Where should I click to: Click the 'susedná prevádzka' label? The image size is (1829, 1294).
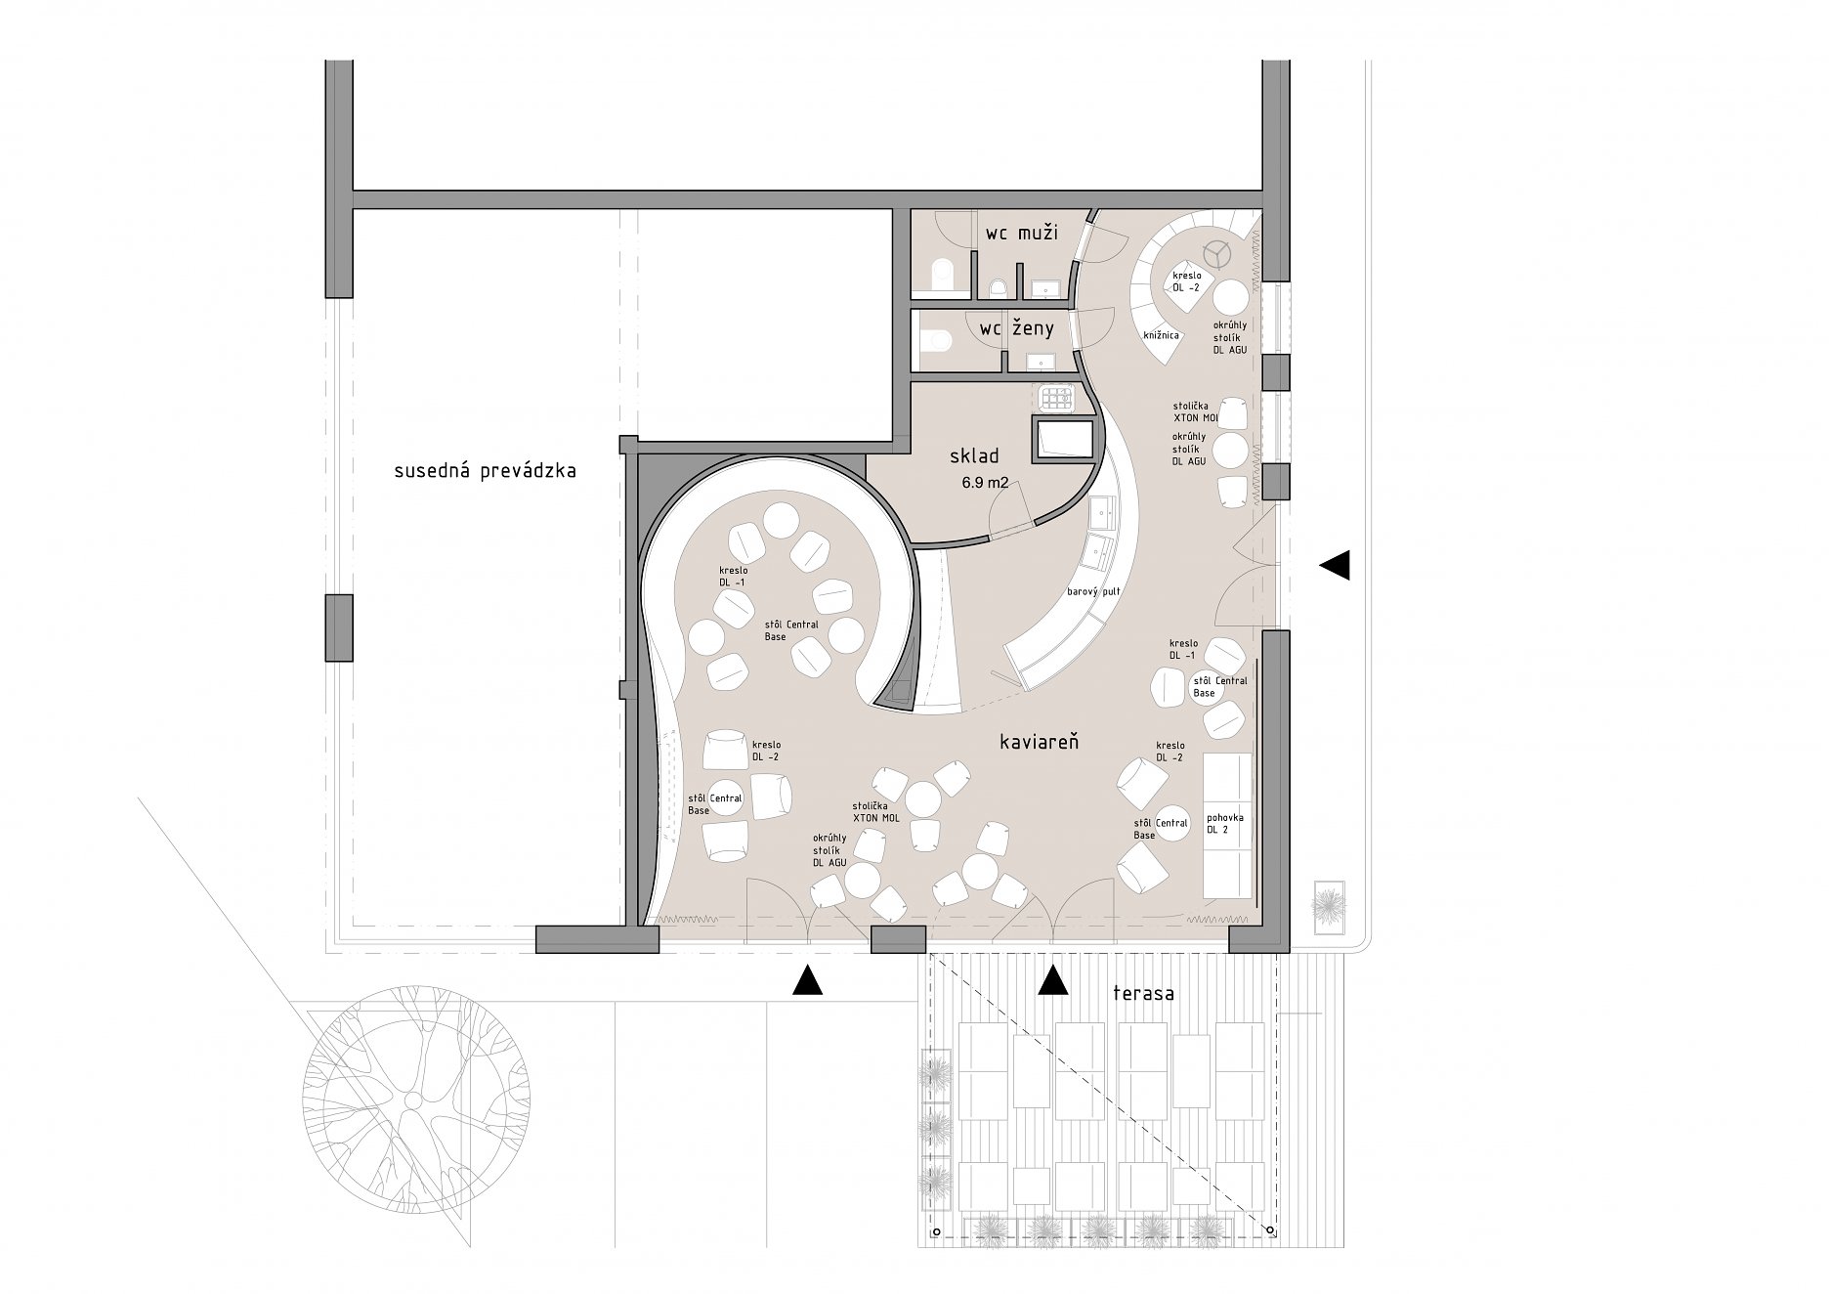[485, 471]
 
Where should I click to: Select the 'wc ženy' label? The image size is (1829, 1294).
[1017, 329]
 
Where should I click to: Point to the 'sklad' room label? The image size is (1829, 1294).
[972, 456]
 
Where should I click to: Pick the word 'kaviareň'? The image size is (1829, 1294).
[1039, 743]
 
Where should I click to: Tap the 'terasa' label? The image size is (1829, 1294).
[1143, 994]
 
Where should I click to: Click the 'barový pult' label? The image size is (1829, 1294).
[1092, 592]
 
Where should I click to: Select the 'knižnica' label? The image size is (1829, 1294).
[1161, 335]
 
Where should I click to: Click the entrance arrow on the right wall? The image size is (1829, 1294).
[1335, 564]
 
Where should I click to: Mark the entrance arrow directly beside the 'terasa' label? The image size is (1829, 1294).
[1052, 980]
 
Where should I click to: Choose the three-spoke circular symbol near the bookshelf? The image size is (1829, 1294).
[1216, 254]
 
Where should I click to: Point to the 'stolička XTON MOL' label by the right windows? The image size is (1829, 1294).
[1195, 411]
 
